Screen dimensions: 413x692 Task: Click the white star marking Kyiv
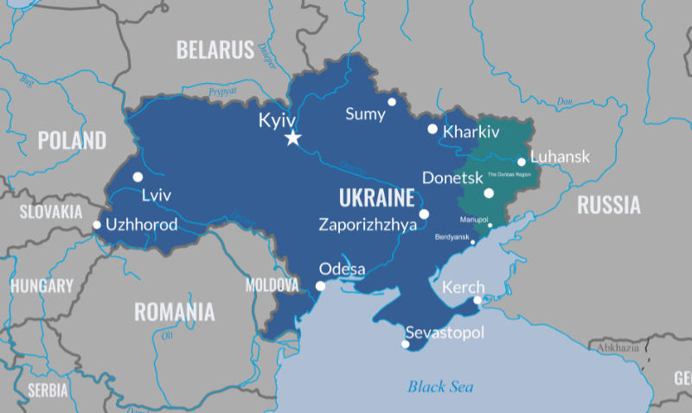click(293, 138)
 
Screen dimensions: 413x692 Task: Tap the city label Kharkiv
click(471, 132)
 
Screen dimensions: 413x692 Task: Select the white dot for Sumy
click(392, 102)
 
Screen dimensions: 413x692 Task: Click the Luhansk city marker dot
click(522, 162)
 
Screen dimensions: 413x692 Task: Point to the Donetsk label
click(451, 178)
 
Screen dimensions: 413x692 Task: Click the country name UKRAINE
click(376, 198)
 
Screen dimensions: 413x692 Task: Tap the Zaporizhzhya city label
click(368, 225)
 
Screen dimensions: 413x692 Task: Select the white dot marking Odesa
click(321, 286)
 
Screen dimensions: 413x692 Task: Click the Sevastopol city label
click(445, 334)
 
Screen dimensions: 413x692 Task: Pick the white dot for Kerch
click(477, 301)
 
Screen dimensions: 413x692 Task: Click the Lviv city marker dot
click(138, 177)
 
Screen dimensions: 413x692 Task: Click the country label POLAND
click(72, 140)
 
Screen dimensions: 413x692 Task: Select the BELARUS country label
click(215, 49)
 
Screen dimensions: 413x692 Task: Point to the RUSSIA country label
click(609, 205)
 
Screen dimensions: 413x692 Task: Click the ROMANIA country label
click(174, 311)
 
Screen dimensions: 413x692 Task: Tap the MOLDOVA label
click(272, 284)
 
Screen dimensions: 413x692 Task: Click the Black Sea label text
click(440, 386)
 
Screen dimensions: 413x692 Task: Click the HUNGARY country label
click(42, 286)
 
